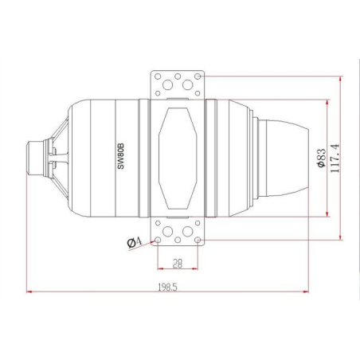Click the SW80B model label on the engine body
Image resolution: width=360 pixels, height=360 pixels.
pos(121,156)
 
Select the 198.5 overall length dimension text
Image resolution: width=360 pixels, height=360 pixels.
pos(167,287)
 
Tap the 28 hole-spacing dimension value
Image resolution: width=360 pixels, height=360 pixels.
pos(178,264)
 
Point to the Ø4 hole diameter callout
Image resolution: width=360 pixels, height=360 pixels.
pos(135,242)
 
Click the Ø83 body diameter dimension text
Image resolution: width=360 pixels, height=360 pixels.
pos(321,158)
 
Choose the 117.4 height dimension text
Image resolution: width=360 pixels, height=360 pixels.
pos(335,158)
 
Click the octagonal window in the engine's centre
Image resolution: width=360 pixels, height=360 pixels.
pos(178,158)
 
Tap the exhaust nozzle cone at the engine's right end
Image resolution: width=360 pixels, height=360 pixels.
pos(284,158)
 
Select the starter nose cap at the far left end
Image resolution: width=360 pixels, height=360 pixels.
pos(35,158)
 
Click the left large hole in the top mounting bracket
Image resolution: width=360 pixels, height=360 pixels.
pos(168,85)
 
